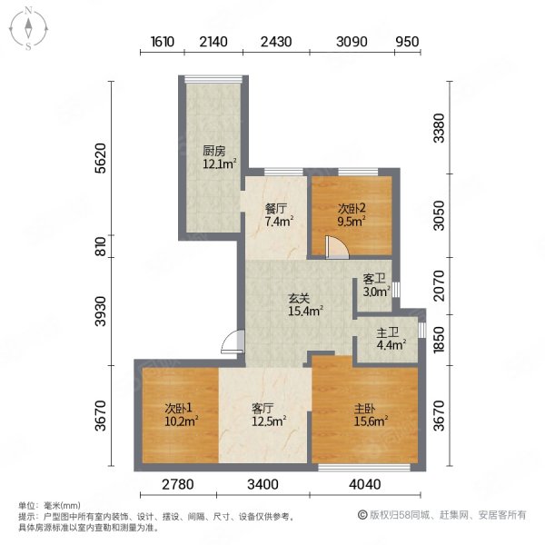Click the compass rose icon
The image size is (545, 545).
[x=28, y=29]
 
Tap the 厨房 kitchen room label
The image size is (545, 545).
[x=213, y=151]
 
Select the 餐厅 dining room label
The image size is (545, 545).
[x=275, y=209]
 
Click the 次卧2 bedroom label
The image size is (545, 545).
[x=352, y=209]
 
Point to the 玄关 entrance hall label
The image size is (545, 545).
[x=299, y=298]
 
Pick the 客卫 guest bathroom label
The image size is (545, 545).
[x=374, y=279]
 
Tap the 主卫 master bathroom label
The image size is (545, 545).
[x=387, y=332]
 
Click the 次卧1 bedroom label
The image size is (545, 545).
[x=178, y=408]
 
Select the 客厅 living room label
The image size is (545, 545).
[x=263, y=408]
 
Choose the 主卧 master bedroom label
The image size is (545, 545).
[x=365, y=408]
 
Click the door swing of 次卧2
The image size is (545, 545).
[x=337, y=247]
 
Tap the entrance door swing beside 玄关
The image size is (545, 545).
[x=233, y=342]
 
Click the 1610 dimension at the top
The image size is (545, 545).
[x=163, y=42]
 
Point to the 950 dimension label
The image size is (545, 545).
[x=407, y=42]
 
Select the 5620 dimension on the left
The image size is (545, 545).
[x=101, y=158]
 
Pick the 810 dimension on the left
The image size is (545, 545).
[x=101, y=246]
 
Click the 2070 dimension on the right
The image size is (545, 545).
[x=440, y=286]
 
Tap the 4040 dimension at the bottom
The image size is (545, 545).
[x=365, y=484]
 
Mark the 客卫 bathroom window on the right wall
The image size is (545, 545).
[x=396, y=290]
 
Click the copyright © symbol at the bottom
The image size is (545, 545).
[x=362, y=515]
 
